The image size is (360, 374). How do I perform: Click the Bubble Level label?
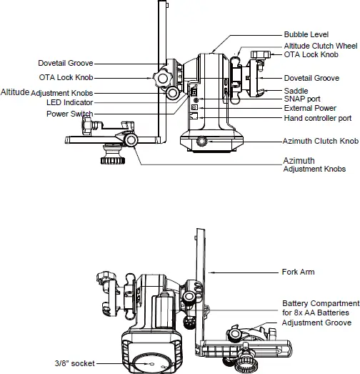pos(306,34)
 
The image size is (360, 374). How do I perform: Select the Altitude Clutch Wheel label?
pos(319,45)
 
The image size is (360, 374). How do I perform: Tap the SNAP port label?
pos(303,99)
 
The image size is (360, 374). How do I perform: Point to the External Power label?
pos(309,108)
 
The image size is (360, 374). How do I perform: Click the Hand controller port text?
pos(317,117)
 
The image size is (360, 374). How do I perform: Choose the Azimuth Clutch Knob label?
pos(320,142)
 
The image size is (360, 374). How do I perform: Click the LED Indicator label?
pos(69,102)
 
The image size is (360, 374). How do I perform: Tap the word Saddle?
pos(296,91)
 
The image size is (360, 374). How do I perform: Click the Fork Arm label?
pos(298,272)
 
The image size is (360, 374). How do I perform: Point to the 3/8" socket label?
pos(74,363)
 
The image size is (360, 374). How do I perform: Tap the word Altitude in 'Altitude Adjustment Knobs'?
pos(14,92)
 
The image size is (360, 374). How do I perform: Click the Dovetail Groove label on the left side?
pos(66,63)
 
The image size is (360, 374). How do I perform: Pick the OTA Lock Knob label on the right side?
pos(312,54)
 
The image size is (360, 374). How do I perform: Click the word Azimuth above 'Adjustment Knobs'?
pos(298,160)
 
